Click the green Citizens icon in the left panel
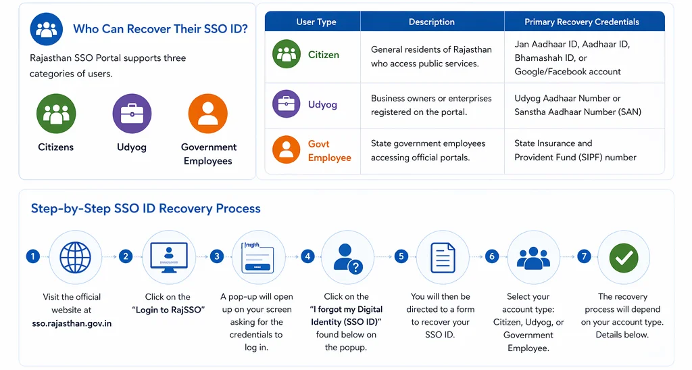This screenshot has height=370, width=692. point(56,114)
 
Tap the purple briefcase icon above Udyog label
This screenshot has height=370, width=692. point(132,114)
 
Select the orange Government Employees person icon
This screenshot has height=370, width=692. point(208,114)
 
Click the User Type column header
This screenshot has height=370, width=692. point(316,22)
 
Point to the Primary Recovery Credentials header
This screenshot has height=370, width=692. point(581,22)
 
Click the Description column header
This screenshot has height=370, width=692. point(431,22)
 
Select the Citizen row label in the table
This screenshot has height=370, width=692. point(323,55)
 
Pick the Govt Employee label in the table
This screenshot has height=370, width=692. point(329,151)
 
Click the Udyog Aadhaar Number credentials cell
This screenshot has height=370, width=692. point(577,105)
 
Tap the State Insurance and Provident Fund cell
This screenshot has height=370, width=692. point(575,150)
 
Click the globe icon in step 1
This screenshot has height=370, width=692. point(75,257)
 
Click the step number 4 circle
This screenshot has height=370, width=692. point(308,256)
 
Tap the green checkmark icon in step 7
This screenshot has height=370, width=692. point(624,257)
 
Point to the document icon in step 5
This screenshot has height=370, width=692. point(442,257)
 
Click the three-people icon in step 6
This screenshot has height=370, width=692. point(533,257)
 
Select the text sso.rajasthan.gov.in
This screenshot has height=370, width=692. point(72,323)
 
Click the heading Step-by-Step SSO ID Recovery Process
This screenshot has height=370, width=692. point(145,208)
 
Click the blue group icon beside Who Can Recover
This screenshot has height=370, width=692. point(47,29)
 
